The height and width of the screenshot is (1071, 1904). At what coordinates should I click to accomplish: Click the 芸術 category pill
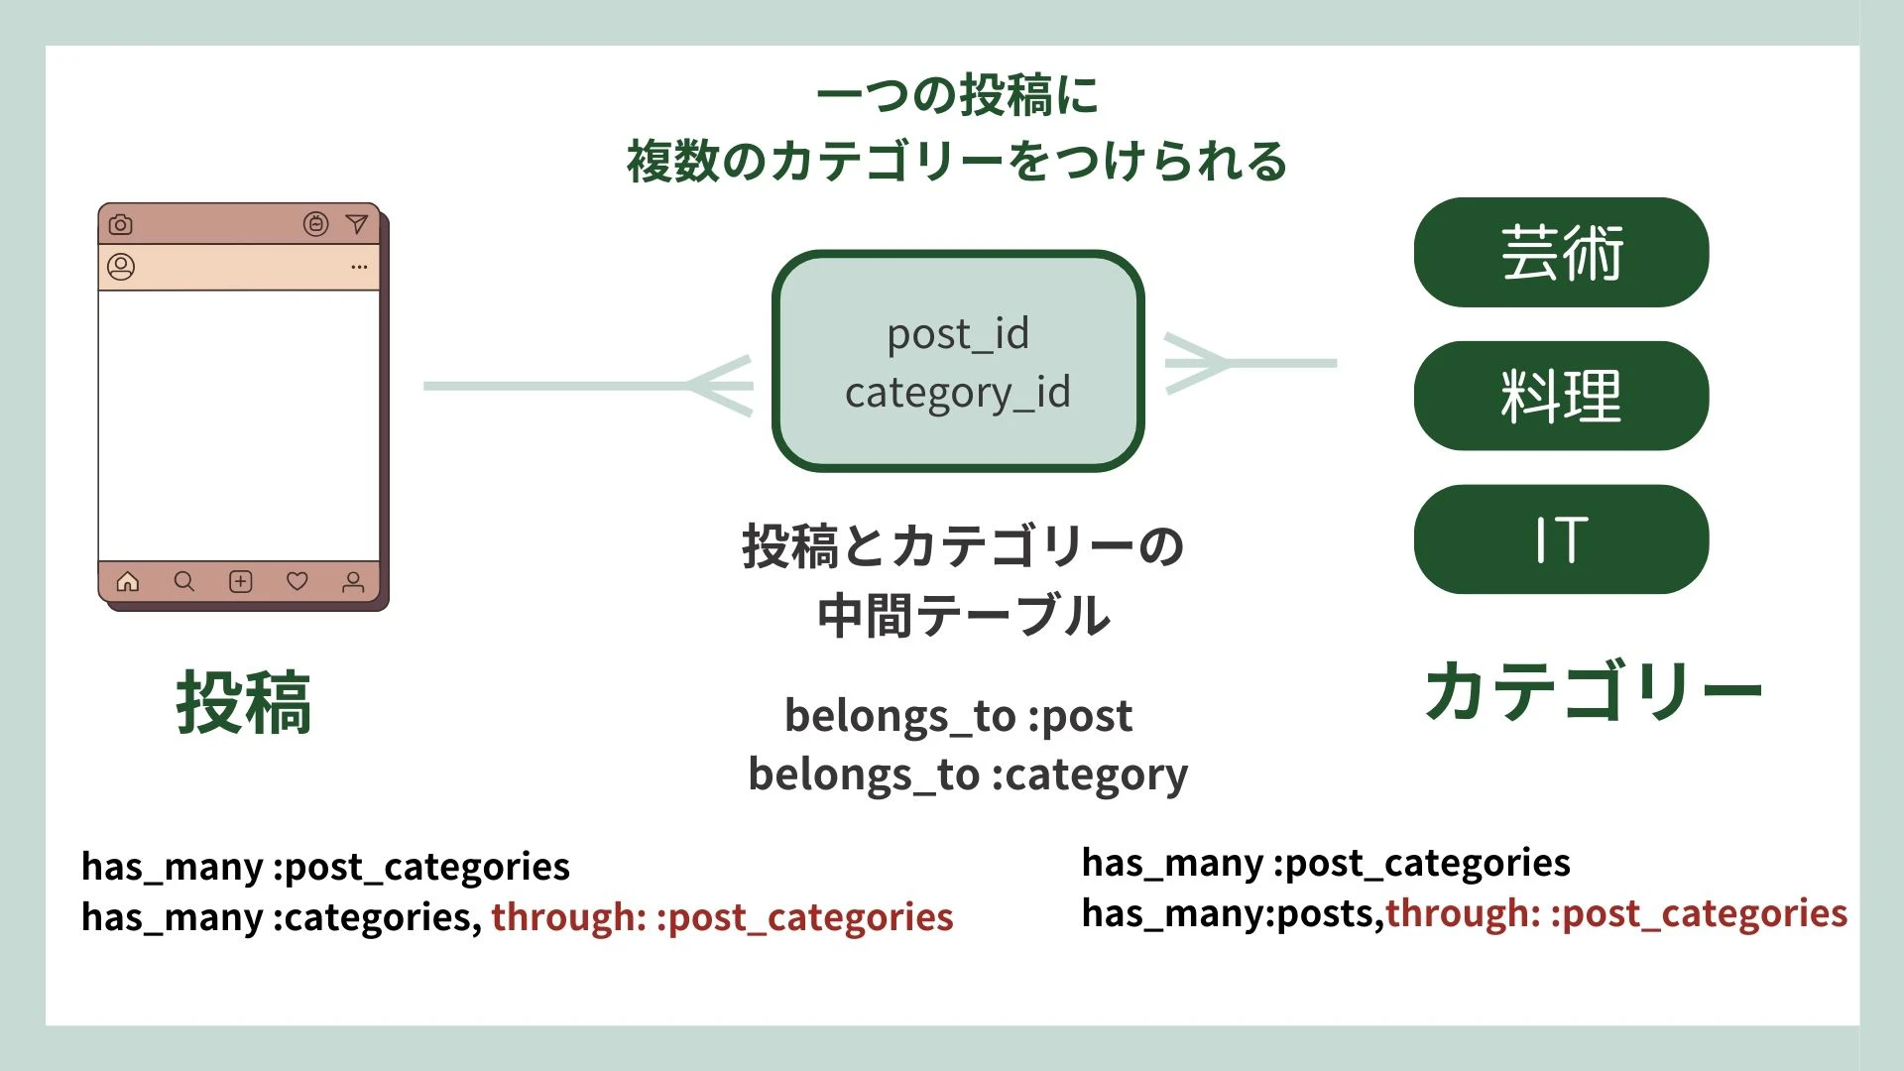pos(1561,252)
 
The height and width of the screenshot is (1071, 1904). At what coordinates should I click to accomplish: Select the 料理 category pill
pos(1561,396)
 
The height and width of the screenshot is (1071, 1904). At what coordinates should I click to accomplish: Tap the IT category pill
pos(1561,539)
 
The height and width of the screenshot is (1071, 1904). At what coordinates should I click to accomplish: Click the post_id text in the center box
pos(958,334)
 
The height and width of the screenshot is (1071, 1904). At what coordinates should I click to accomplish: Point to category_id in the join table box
pos(958,393)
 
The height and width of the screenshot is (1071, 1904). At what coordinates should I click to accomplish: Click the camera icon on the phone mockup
pos(121,224)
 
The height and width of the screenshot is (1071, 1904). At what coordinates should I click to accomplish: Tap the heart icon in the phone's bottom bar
pos(297,581)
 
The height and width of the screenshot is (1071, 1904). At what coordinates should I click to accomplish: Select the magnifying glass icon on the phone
pos(184,581)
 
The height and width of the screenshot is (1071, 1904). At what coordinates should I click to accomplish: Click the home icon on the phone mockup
pos(128,581)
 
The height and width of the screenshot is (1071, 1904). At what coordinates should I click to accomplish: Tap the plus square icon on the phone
pos(241,581)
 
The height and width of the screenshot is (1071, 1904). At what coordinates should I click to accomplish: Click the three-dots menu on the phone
pos(359,267)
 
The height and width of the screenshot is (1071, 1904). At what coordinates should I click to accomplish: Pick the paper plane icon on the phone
pos(356,224)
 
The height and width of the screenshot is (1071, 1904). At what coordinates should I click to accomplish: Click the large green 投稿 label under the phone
pos(244,702)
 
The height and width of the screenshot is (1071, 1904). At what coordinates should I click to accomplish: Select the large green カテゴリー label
pos(1594,691)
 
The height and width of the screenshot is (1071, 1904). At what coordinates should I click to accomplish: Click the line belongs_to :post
pos(958,716)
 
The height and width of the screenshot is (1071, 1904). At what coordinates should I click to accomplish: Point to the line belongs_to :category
pos(968,774)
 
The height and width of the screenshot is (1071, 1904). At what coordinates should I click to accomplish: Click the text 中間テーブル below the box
pos(964,616)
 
